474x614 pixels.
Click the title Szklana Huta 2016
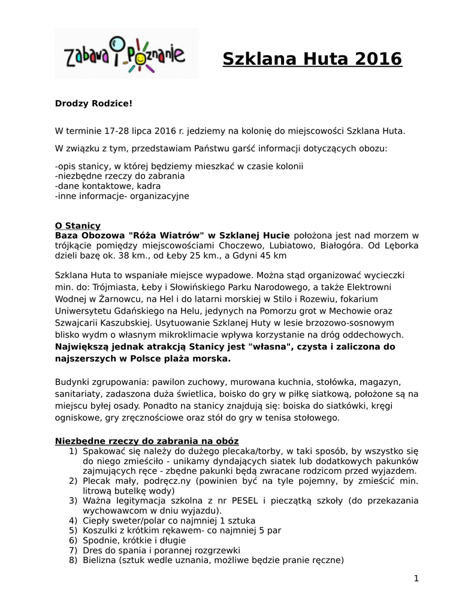[312, 59]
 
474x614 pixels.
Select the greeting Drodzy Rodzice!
[93, 104]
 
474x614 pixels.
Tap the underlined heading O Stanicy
[78, 225]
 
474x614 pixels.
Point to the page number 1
[416, 578]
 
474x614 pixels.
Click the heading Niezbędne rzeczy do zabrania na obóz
[147, 441]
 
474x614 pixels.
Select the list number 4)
[73, 520]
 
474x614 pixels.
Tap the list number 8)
[73, 561]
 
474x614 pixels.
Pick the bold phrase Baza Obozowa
[87, 235]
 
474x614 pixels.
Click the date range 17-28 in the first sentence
[116, 130]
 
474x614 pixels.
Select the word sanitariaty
[80, 393]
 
